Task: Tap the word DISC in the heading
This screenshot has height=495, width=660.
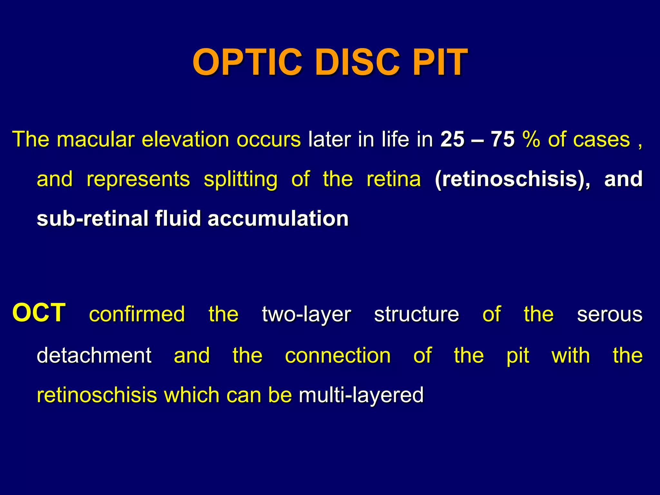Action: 358,62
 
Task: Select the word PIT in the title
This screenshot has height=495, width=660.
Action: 440,62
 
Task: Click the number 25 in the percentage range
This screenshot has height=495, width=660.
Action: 452,139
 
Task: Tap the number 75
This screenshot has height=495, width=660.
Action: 503,139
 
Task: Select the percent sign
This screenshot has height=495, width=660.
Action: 531,139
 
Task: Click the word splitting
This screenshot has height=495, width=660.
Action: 240,179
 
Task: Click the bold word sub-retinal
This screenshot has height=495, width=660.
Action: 92,218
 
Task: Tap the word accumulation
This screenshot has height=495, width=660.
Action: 278,218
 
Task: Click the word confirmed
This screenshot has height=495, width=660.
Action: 137,314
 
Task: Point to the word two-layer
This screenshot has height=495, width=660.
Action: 306,315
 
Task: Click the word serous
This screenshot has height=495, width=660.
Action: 609,315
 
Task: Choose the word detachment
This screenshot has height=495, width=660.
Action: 94,355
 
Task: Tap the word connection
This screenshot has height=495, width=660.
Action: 338,355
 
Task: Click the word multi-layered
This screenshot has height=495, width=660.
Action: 361,395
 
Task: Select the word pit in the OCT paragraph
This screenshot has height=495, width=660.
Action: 518,356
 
